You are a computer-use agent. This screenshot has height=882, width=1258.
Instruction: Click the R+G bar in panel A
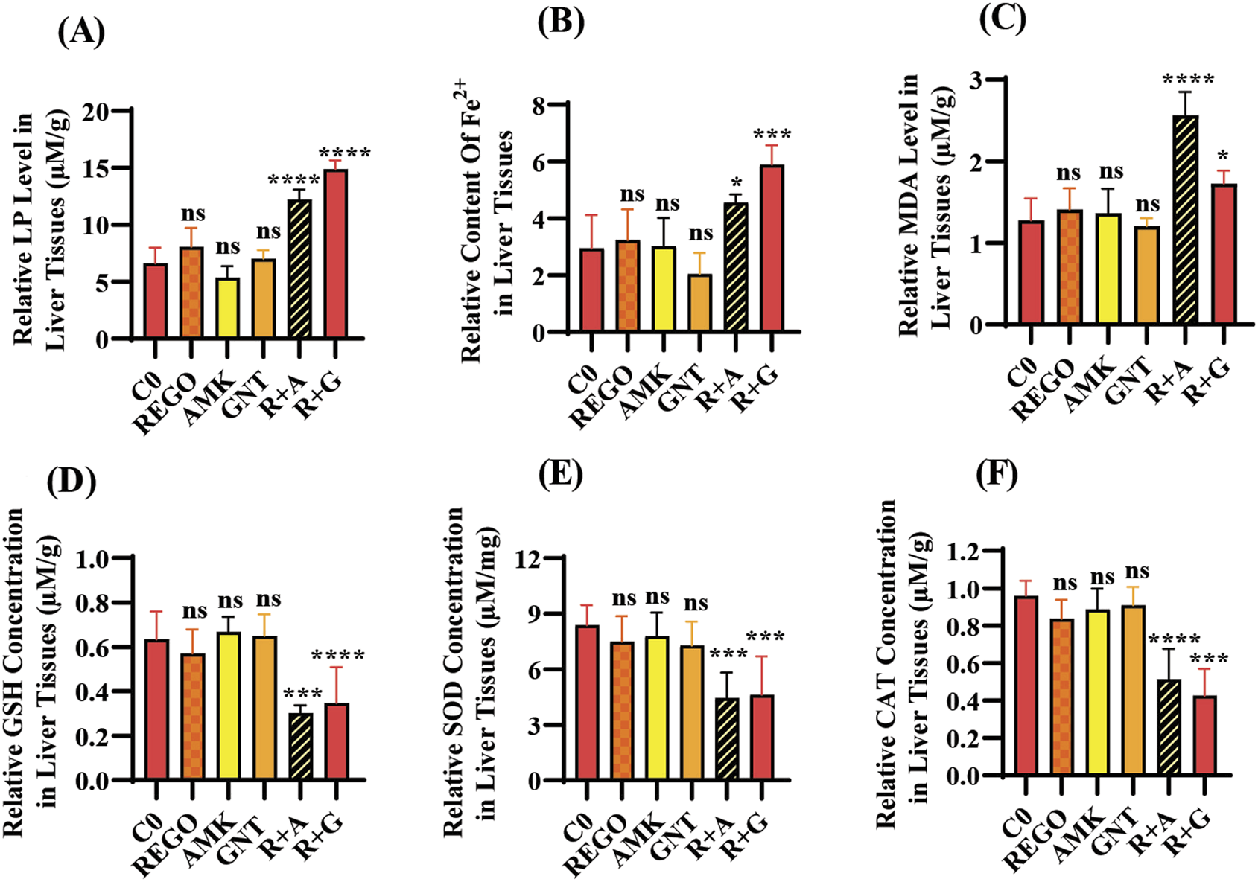click(335, 255)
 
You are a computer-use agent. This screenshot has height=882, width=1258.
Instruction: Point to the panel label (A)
click(81, 33)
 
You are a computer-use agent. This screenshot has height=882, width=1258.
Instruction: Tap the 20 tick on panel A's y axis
click(98, 111)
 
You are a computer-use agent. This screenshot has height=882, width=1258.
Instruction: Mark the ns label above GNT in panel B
click(700, 234)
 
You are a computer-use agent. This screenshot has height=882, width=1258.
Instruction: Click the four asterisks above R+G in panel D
click(338, 656)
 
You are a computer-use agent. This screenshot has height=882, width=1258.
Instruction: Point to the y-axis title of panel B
click(488, 231)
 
